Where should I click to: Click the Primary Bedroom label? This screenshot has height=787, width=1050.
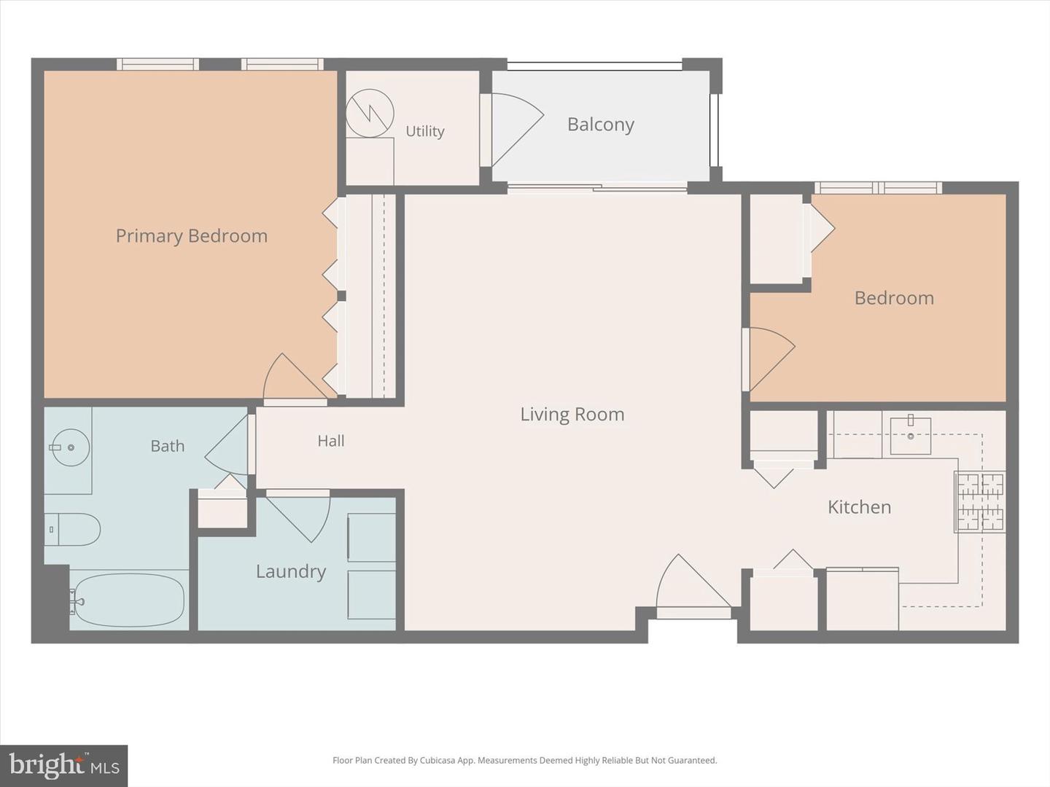pos(191,236)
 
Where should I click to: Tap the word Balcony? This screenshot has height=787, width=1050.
pos(601,125)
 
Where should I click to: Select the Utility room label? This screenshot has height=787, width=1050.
pos(425,131)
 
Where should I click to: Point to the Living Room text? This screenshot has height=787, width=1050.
pos(572,415)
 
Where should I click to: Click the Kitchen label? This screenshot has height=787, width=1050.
pos(859,507)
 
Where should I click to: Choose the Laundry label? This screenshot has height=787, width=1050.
pos(291,571)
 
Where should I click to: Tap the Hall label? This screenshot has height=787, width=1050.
pos(331,441)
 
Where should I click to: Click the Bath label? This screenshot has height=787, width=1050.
pos(168,446)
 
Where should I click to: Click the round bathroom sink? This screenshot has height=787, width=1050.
pos(70,447)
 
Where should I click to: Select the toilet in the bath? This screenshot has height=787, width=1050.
pos(72,530)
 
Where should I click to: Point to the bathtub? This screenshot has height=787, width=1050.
pos(129,600)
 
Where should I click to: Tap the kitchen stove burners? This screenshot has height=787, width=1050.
pos(979,501)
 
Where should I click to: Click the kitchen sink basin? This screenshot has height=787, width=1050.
pos(910,436)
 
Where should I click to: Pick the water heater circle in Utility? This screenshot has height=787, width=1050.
pos(370,113)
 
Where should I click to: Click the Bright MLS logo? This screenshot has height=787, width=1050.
pos(63,766)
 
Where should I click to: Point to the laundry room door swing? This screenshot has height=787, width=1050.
pos(297,518)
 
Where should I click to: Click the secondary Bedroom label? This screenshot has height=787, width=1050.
pos(894,298)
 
